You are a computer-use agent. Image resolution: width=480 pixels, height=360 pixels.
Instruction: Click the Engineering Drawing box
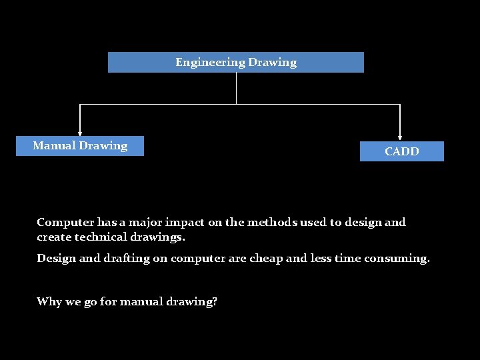click(236, 62)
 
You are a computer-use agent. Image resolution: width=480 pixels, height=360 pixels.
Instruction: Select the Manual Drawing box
click(80, 145)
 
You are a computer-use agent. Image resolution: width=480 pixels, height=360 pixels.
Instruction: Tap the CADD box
click(401, 151)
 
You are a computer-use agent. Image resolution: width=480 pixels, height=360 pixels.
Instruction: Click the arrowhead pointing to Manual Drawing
click(80, 133)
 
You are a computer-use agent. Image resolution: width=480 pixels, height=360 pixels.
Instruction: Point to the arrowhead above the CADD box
click(400, 137)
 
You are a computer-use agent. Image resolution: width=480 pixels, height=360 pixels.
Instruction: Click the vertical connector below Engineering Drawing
click(236, 88)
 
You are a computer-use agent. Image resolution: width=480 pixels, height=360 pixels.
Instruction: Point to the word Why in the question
click(49, 301)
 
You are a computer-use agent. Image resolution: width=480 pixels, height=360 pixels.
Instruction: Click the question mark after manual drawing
click(215, 301)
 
